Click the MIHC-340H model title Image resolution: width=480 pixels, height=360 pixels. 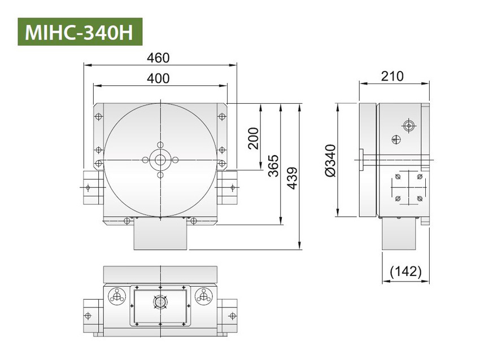79,32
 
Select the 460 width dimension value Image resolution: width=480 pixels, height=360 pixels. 158,58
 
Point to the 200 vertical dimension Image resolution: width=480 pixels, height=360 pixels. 253,138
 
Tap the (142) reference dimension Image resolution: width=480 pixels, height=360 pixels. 406,271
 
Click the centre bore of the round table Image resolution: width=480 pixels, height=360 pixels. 161,160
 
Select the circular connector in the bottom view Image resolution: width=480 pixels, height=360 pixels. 161,304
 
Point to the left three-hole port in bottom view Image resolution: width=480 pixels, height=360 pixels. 117,296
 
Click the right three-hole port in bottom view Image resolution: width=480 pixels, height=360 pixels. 203,296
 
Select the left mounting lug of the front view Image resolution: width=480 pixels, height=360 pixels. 91,187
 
